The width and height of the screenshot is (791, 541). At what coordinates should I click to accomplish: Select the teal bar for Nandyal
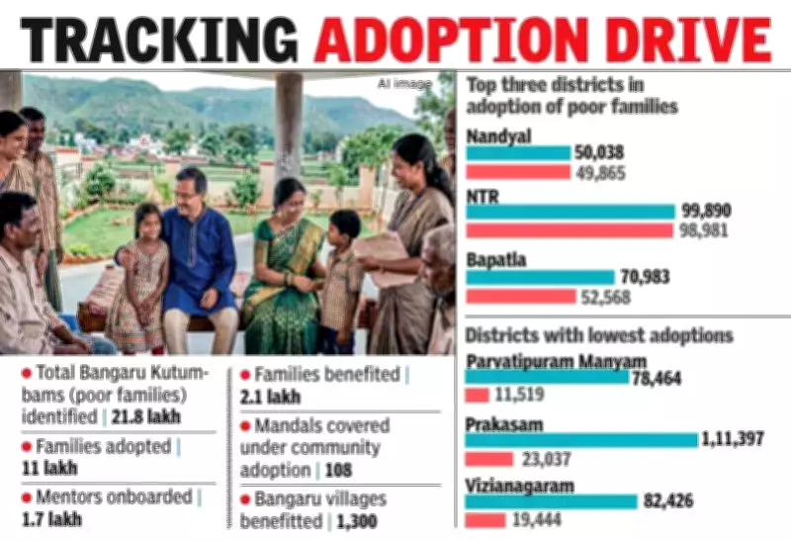[x=518, y=153]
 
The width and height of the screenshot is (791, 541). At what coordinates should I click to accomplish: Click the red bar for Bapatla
[x=520, y=296]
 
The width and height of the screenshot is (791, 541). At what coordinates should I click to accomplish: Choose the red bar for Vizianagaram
[x=485, y=520]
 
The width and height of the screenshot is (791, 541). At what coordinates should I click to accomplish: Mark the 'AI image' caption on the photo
[x=398, y=83]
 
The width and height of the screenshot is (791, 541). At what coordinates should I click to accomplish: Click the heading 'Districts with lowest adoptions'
[x=599, y=336]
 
